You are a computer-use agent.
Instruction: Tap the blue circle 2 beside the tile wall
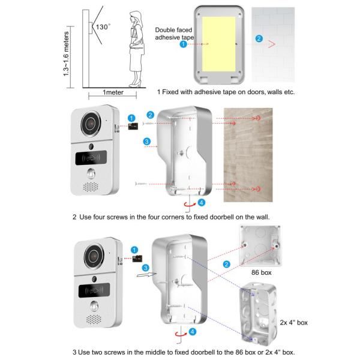[259, 38]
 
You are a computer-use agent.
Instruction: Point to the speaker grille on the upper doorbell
[91, 187]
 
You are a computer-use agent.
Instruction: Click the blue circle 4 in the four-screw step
[202, 203]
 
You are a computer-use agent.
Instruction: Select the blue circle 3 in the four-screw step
[147, 141]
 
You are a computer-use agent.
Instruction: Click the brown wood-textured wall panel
[248, 155]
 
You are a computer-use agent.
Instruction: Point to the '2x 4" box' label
[293, 322]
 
